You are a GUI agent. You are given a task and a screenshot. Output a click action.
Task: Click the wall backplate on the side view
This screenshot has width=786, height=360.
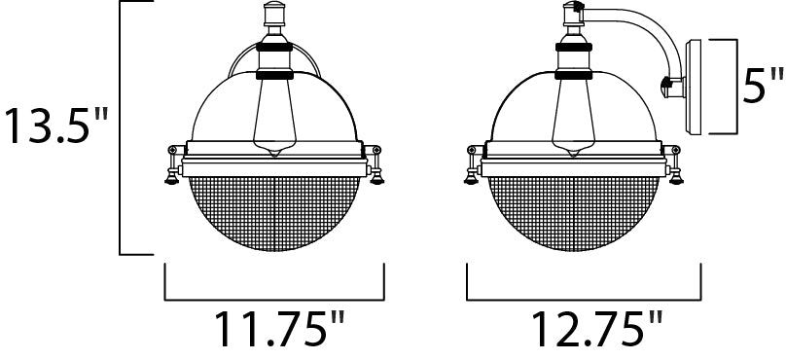(696, 88)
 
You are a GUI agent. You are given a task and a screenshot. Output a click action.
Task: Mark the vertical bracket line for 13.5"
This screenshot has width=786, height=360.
(120, 126)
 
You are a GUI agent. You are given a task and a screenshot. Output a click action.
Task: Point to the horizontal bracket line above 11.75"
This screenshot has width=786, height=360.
(275, 296)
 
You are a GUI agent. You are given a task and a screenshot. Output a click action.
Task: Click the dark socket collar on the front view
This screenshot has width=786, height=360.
(273, 71)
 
